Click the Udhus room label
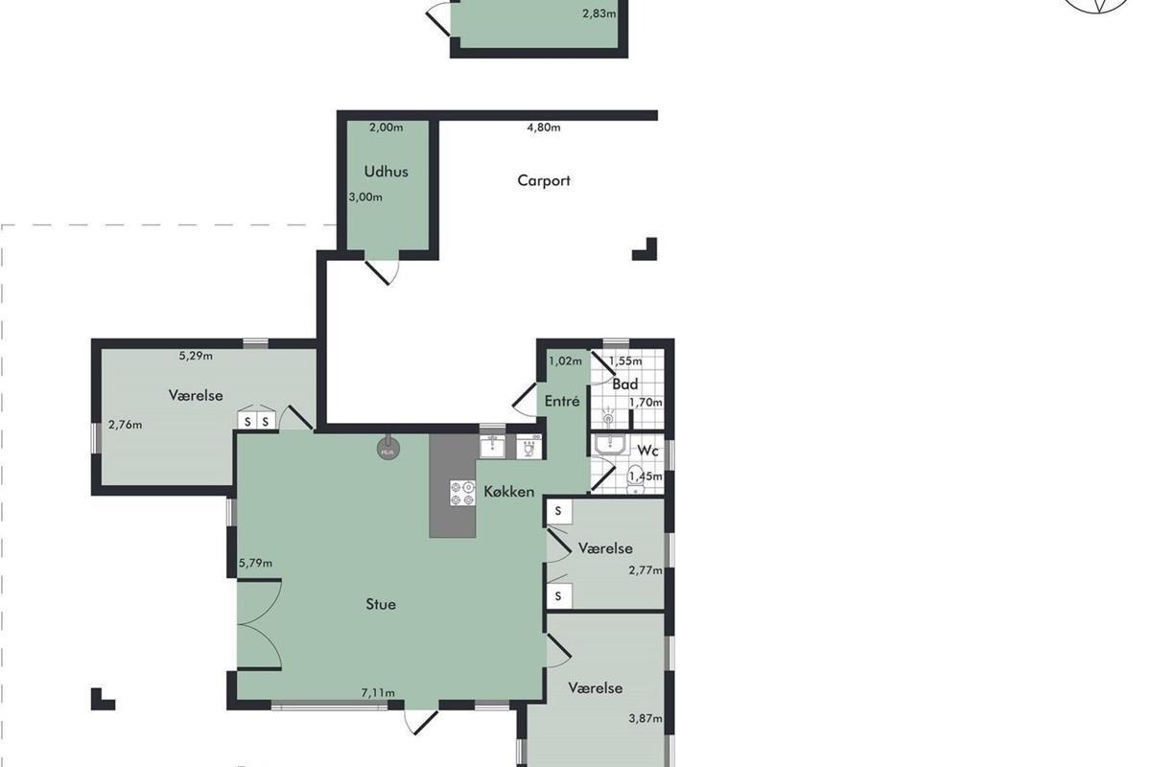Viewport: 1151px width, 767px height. [x=386, y=172]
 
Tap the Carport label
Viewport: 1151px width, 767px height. [x=544, y=181]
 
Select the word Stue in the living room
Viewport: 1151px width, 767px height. [x=381, y=604]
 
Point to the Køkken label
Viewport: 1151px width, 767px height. [x=508, y=492]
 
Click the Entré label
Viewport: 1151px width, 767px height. [x=562, y=401]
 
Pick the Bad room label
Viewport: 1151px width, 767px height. [x=625, y=384]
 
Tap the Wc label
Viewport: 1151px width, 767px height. [x=648, y=451]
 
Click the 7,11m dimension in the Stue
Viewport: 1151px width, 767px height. [x=378, y=693]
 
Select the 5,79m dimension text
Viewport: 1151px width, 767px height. [x=255, y=563]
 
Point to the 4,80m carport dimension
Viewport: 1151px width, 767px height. [x=544, y=128]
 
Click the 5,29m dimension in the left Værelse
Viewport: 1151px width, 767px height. [x=196, y=356]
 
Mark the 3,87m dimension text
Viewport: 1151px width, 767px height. [x=646, y=718]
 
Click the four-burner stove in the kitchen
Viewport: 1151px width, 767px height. [x=462, y=493]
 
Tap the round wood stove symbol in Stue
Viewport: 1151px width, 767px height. [x=388, y=448]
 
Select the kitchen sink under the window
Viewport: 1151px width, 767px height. [x=492, y=446]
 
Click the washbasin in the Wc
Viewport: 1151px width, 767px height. [x=610, y=445]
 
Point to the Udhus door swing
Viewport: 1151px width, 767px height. [x=384, y=271]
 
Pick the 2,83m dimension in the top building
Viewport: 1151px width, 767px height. [x=599, y=13]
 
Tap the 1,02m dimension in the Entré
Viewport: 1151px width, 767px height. [x=565, y=361]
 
